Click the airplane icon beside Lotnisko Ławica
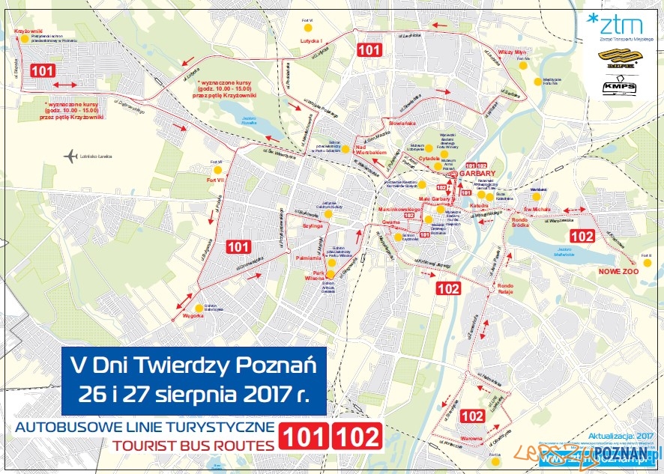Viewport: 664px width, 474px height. tap(71, 156)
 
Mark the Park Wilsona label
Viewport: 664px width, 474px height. tap(313, 275)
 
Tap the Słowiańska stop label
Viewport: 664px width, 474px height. tap(401, 122)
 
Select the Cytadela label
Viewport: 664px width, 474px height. tap(429, 158)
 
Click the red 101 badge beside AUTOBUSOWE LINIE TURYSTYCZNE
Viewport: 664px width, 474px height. tap(304, 436)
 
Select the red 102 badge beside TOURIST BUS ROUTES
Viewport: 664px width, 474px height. tap(356, 436)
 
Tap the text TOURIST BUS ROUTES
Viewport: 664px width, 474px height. tap(193, 446)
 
